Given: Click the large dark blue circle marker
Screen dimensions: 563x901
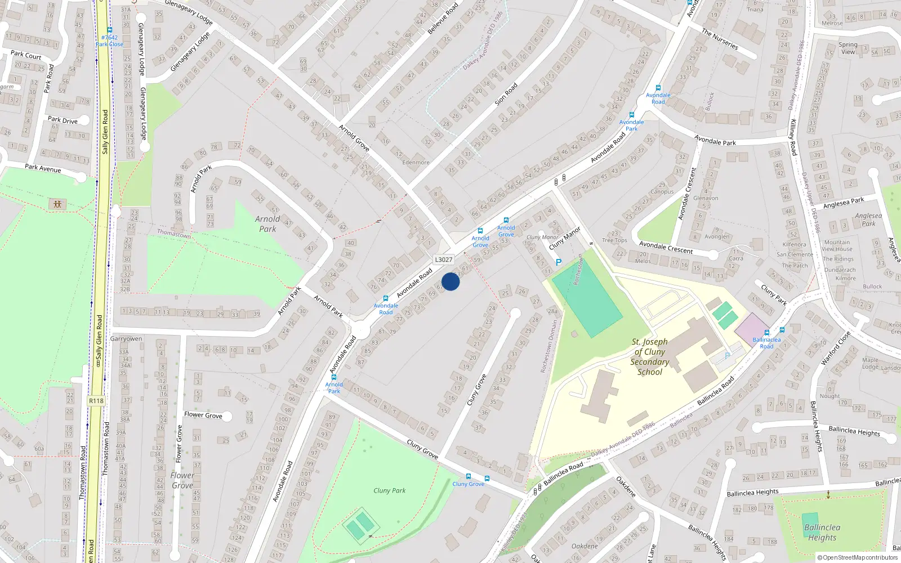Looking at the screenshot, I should coord(450,281).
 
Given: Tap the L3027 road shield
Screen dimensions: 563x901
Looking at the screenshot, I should coord(443,260).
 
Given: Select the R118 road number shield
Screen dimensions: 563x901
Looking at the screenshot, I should coord(96,401).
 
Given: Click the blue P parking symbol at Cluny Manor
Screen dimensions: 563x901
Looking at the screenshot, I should coord(558,262).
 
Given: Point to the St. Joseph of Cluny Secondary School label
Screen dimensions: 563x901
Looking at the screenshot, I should coord(649,356).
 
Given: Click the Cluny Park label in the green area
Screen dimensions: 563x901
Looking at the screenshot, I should coord(389,490).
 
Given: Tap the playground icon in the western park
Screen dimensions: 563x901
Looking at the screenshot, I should coord(57,204).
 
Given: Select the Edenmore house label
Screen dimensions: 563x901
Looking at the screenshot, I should coord(416,162).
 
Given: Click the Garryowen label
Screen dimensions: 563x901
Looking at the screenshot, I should coord(126,339).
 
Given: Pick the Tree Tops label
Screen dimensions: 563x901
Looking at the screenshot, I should coord(614,240).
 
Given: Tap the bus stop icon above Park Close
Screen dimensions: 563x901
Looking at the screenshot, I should coord(109,30).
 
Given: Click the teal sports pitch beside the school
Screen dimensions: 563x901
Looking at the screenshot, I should coord(587,298).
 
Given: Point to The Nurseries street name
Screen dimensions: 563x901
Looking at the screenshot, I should coord(720,39).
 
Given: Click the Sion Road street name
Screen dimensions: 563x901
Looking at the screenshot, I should coord(506,95).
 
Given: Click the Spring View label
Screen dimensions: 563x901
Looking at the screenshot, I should coord(848,48).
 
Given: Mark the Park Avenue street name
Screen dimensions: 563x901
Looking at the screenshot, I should coord(43,168).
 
